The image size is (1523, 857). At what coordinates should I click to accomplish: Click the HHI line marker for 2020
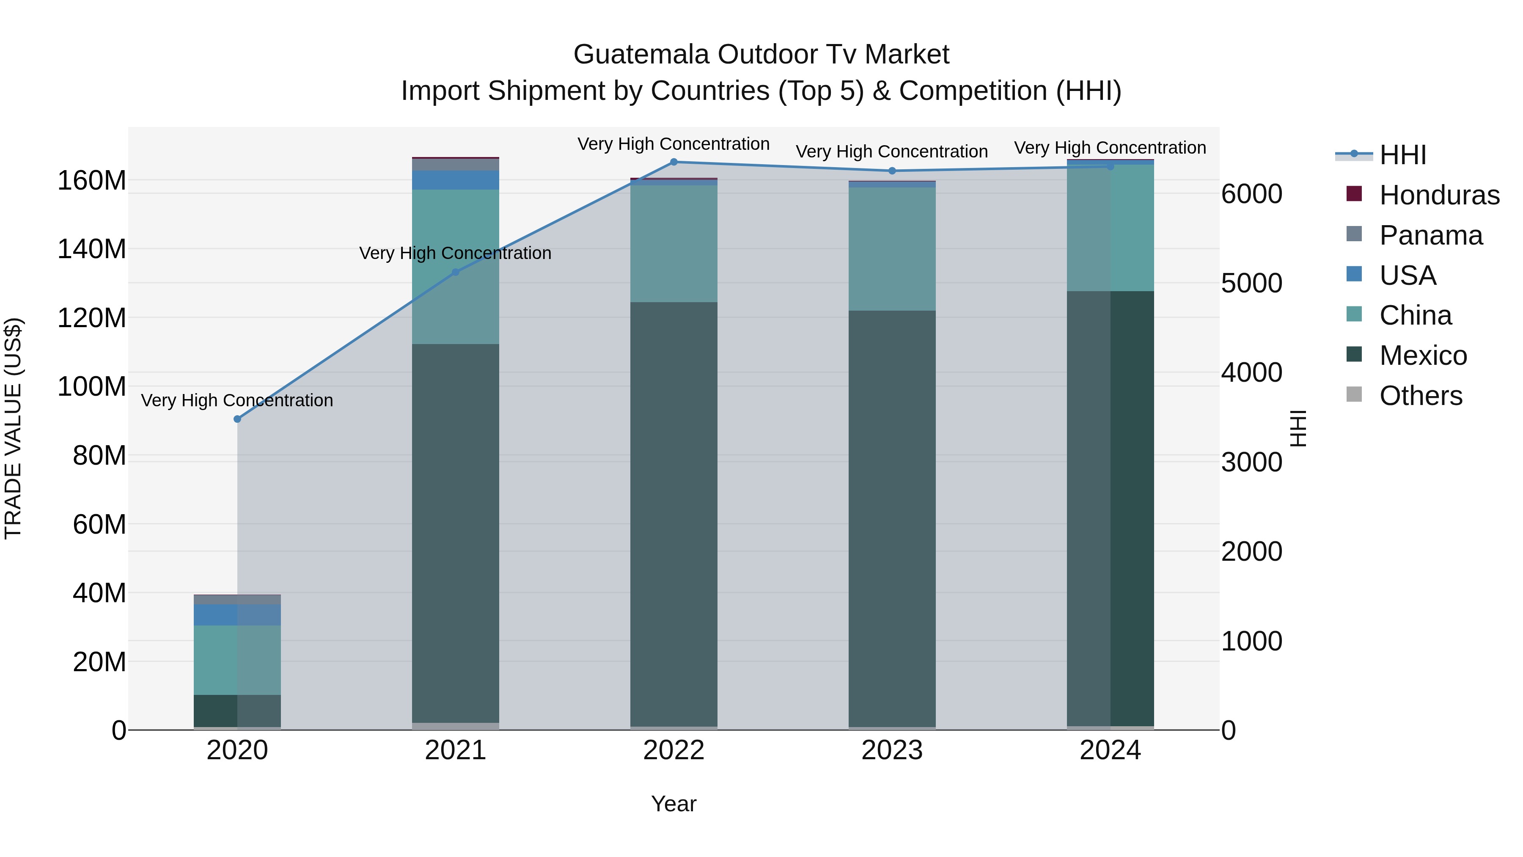(237, 419)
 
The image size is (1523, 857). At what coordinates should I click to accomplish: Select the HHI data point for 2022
(674, 162)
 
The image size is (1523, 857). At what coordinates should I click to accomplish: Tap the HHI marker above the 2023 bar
(892, 171)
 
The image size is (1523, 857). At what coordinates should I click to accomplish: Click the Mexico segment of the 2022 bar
(674, 515)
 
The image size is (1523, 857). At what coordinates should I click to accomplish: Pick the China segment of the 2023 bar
(892, 248)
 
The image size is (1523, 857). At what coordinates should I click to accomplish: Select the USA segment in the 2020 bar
(237, 615)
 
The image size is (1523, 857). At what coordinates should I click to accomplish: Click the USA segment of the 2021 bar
(455, 180)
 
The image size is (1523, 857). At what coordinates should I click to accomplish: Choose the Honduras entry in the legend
(1439, 195)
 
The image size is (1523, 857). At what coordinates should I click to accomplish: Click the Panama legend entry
(1431, 235)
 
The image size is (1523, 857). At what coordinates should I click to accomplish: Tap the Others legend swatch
(1354, 394)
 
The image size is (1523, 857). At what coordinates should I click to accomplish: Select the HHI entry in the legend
(1402, 155)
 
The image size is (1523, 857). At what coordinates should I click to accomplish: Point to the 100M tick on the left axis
(92, 387)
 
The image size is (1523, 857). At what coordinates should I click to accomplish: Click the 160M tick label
(92, 180)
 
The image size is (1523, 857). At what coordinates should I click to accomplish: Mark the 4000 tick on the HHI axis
(1252, 372)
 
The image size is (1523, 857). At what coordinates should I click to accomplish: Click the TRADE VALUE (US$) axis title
(14, 428)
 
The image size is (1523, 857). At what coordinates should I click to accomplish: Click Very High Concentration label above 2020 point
(237, 400)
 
